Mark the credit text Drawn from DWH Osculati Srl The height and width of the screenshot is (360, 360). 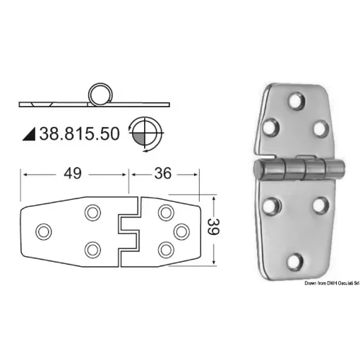click(328, 282)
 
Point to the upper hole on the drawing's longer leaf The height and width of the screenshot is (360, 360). click(92, 212)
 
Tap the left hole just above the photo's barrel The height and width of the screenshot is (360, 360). click(269, 128)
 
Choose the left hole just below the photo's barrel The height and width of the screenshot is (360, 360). click(268, 206)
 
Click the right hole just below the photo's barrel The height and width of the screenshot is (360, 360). click(318, 206)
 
